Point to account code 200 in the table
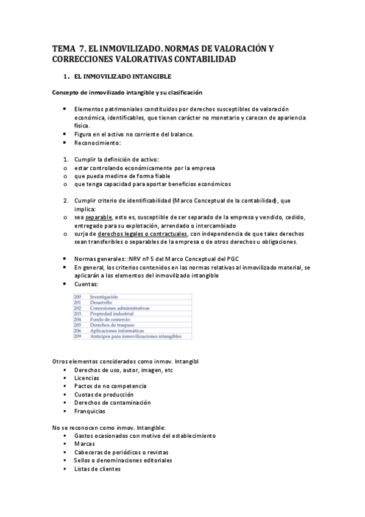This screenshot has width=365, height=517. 77,296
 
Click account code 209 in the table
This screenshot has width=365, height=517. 77,336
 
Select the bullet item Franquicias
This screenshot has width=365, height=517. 90,411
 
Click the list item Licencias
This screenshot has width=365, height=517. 87,378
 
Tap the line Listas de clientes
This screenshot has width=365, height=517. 97,469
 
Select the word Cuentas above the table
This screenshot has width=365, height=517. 88,283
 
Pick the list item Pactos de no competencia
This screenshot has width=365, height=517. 110,387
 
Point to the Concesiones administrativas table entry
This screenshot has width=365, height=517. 119,308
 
